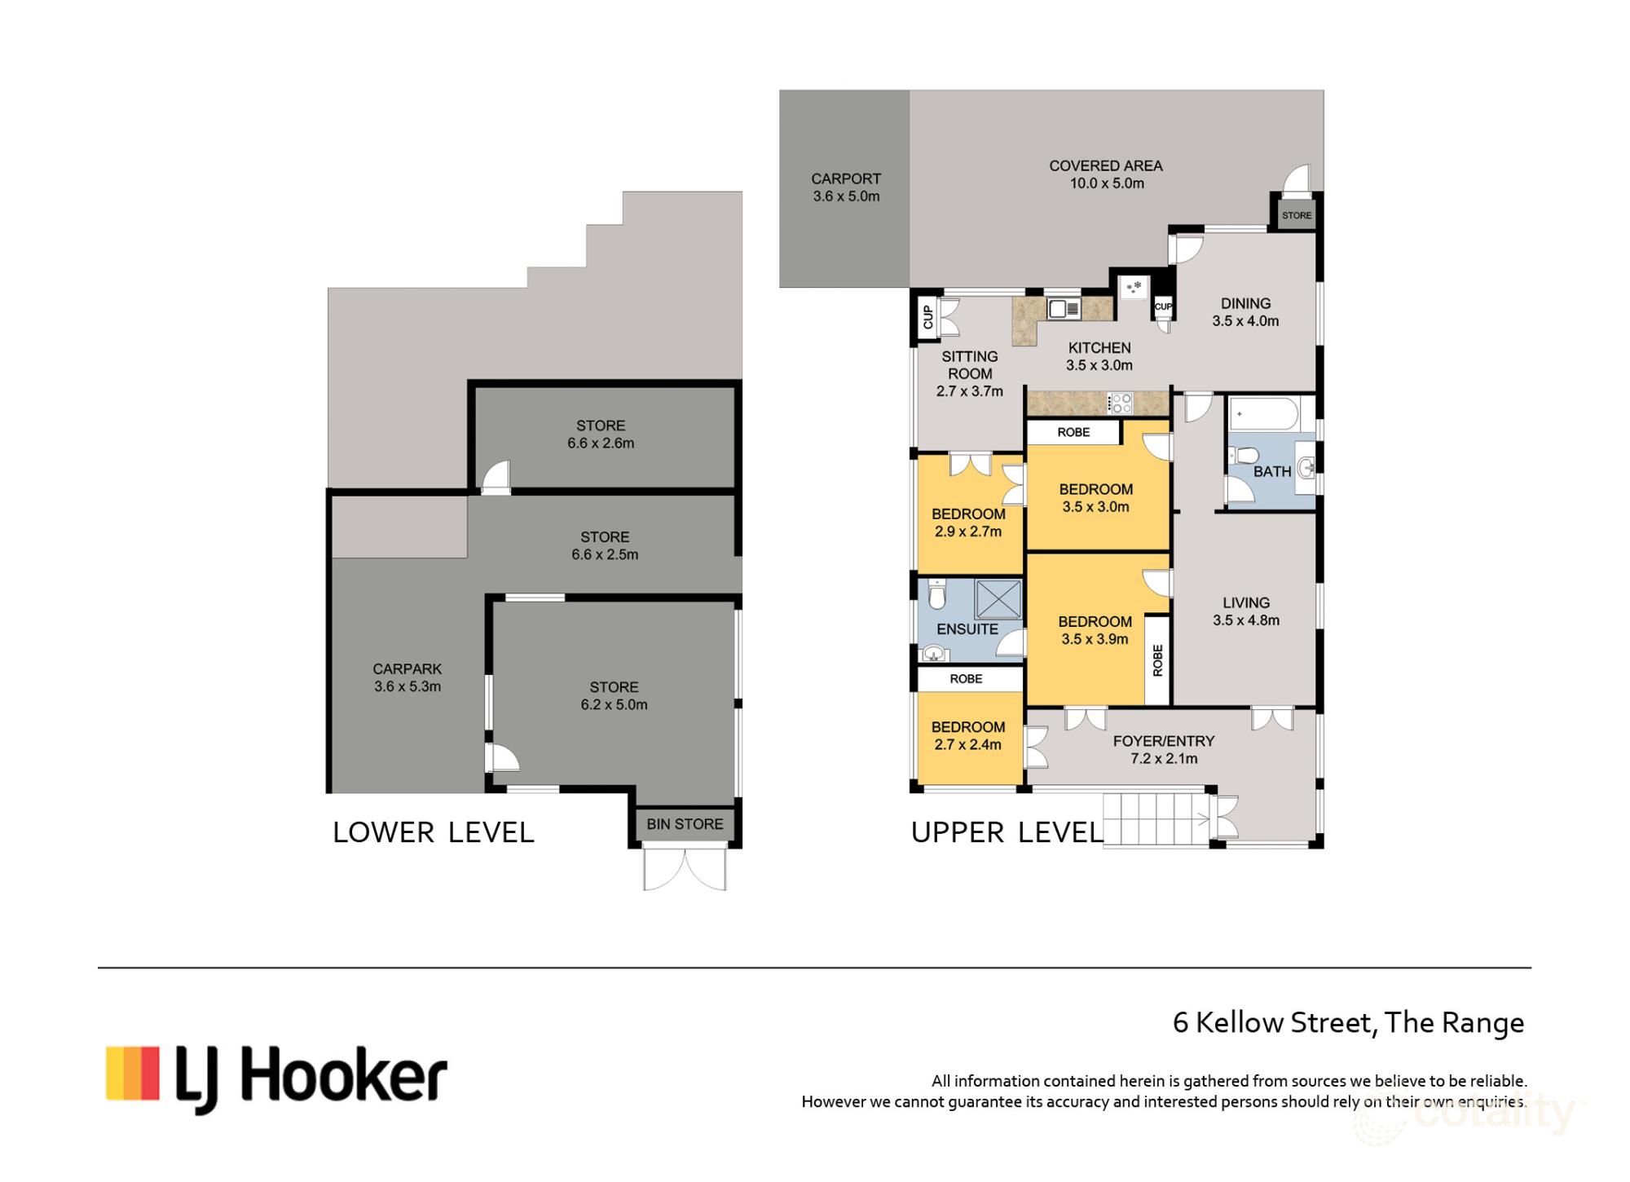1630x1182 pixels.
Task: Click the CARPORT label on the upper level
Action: [x=846, y=179]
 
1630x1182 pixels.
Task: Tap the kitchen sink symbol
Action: [x=1064, y=309]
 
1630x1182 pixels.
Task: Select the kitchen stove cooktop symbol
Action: [x=1121, y=403]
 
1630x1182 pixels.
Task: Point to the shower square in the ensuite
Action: [x=998, y=599]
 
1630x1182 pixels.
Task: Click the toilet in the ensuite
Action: [x=937, y=597]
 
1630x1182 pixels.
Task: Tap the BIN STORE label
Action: [x=685, y=824]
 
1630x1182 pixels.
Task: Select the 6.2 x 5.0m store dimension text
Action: [x=614, y=705]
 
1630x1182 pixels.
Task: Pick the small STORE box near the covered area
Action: [x=1296, y=216]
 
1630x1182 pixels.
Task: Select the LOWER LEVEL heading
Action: [x=434, y=832]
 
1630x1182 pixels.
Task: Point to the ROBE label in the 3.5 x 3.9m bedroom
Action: [x=1157, y=660]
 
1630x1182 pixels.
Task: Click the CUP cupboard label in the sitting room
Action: [x=927, y=317]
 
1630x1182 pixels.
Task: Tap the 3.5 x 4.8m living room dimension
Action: [x=1245, y=620]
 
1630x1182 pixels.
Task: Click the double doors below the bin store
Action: [x=685, y=869]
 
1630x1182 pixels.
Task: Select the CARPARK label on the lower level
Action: [x=407, y=669]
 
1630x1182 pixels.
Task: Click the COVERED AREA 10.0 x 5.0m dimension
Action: [x=1107, y=184]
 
